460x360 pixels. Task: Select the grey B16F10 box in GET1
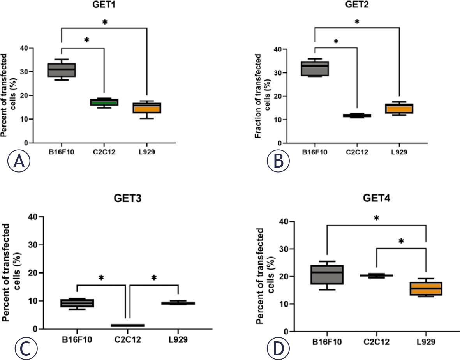tap(62, 70)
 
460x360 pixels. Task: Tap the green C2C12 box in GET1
tap(104, 102)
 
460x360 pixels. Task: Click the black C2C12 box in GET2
tap(356, 115)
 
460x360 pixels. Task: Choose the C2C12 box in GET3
tap(127, 325)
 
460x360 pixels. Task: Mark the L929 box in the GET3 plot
tap(178, 303)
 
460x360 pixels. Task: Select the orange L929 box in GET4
tap(426, 289)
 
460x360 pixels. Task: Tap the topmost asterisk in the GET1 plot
tap(104, 23)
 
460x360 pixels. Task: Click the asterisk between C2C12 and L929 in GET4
tap(401, 242)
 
